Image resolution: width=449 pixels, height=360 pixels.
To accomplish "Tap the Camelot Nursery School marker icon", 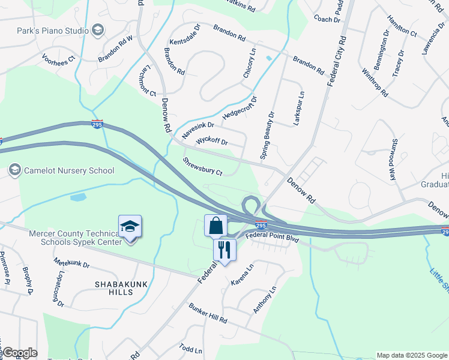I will click(14, 170).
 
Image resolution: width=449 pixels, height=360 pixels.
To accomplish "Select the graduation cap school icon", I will click(130, 227).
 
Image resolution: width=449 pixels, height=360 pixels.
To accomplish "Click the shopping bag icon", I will click(216, 226).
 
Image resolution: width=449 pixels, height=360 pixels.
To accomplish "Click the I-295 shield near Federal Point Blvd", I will click(261, 225).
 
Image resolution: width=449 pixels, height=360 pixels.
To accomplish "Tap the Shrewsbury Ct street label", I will click(203, 167).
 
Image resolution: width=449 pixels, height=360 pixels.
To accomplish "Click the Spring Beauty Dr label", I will click(267, 135).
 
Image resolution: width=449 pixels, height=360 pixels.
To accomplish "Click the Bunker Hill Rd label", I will click(207, 317).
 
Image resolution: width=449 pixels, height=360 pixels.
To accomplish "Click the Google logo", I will click(19, 353).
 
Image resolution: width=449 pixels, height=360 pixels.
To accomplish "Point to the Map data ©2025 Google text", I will click(412, 355).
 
